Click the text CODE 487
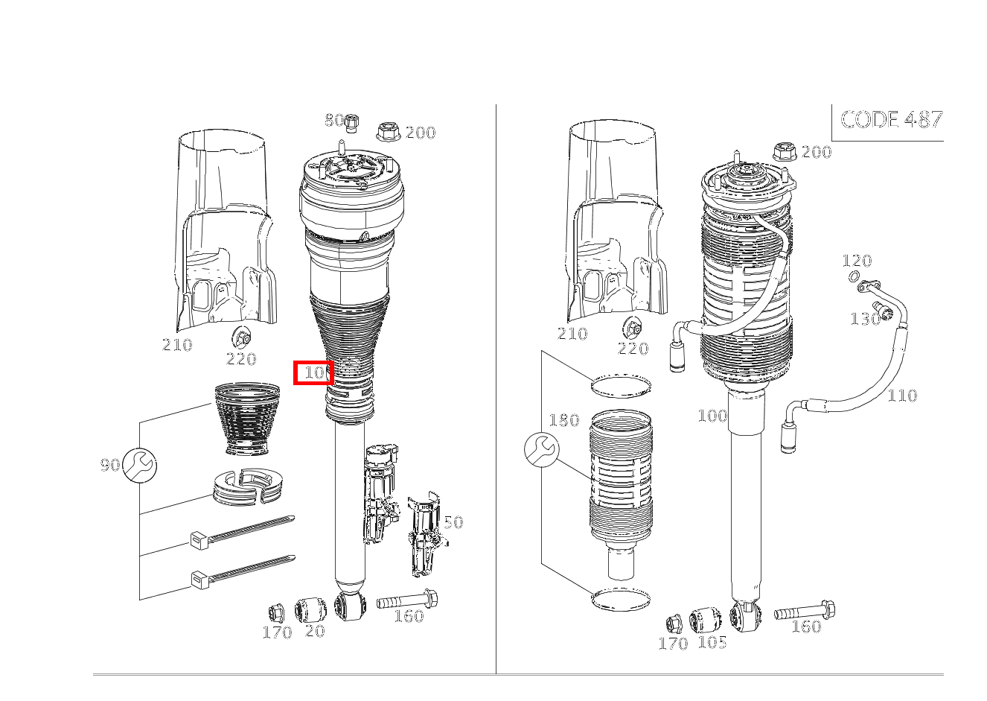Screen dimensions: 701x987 pyautogui.click(x=891, y=119)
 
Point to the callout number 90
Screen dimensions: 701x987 pyautogui.click(x=109, y=465)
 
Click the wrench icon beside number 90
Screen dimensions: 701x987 pyautogui.click(x=139, y=465)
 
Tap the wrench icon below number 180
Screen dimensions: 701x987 pyautogui.click(x=541, y=449)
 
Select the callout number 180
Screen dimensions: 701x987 pyautogui.click(x=563, y=421)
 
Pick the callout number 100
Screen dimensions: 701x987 pyautogui.click(x=712, y=416)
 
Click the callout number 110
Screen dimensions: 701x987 pyautogui.click(x=901, y=396)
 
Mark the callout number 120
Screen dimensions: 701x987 pyautogui.click(x=857, y=261)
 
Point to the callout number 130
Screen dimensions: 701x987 pyautogui.click(x=864, y=319)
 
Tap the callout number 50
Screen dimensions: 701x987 pyautogui.click(x=453, y=522)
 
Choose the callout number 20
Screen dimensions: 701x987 pyautogui.click(x=315, y=631)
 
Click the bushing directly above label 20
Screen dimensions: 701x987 pyautogui.click(x=311, y=610)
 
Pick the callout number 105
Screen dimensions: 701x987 pyautogui.click(x=712, y=641)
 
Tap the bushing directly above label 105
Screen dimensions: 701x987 pyautogui.click(x=705, y=620)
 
